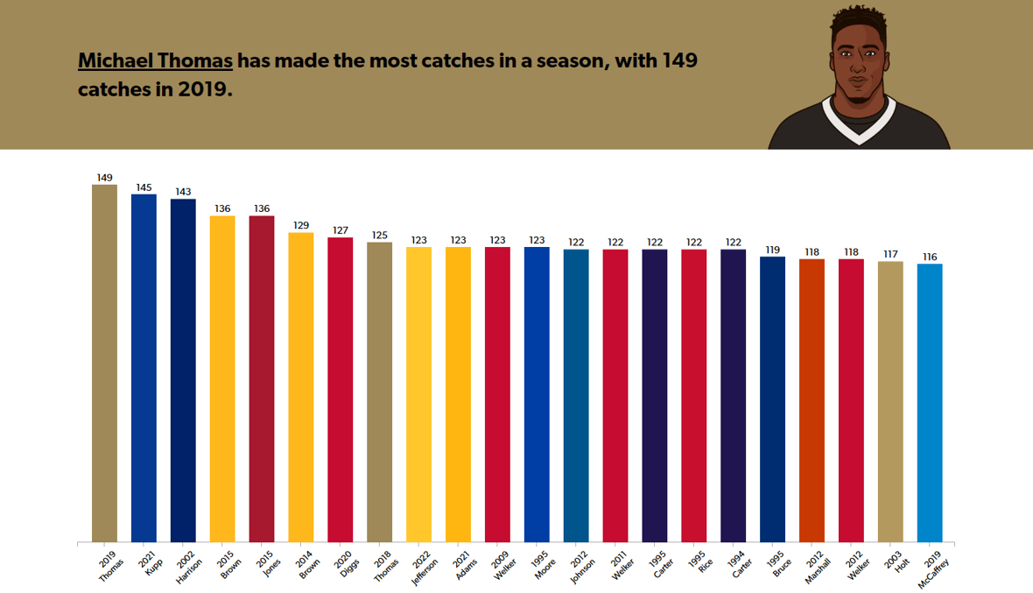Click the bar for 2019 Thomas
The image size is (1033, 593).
pyautogui.click(x=104, y=363)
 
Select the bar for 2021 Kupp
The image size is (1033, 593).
pyautogui.click(x=144, y=368)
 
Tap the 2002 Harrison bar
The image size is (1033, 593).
pyautogui.click(x=183, y=371)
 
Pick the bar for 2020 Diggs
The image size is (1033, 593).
pyautogui.click(x=341, y=390)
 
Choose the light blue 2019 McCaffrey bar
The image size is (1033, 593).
pyautogui.click(x=930, y=403)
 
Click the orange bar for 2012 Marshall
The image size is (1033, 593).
pyautogui.click(x=812, y=400)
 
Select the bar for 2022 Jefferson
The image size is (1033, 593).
pyautogui.click(x=418, y=394)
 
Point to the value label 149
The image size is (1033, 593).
pyautogui.click(x=104, y=178)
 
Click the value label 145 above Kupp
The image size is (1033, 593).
pyautogui.click(x=144, y=187)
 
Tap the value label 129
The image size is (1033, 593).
pyautogui.click(x=301, y=226)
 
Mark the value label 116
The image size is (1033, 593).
pyautogui.click(x=930, y=258)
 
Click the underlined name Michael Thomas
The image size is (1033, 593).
pyautogui.click(x=155, y=61)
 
